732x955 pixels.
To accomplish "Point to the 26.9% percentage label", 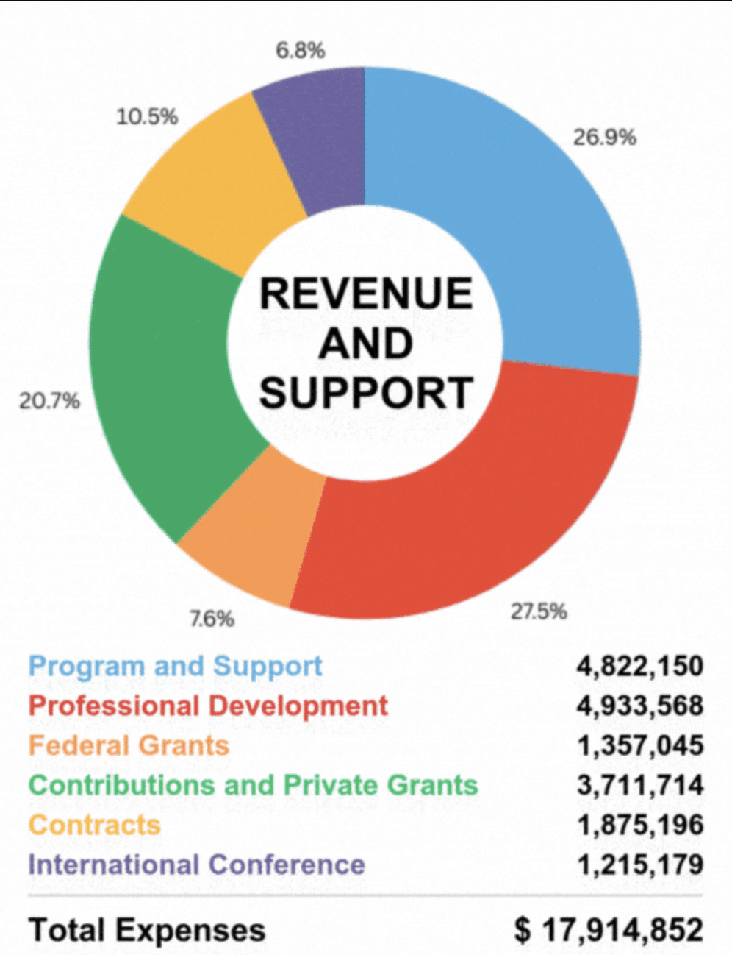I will point(604,138).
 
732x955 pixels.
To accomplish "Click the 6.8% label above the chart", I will point(300,51).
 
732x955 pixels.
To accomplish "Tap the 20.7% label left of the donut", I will point(49,401).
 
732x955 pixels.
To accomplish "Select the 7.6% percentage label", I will point(212,619).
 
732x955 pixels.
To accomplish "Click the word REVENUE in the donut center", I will point(365,294).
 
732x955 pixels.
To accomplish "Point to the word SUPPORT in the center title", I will point(365,393).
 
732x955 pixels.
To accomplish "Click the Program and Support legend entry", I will point(175,667).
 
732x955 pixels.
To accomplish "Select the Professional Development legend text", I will point(208,706).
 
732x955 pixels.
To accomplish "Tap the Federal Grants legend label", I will point(129,746).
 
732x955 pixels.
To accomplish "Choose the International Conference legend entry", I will point(196,865).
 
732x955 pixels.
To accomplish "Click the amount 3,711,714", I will point(639,786).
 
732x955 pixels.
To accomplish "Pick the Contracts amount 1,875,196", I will point(639,826).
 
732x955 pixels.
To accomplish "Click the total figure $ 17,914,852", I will point(609,930).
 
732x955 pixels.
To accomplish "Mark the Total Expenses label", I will point(147,930).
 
